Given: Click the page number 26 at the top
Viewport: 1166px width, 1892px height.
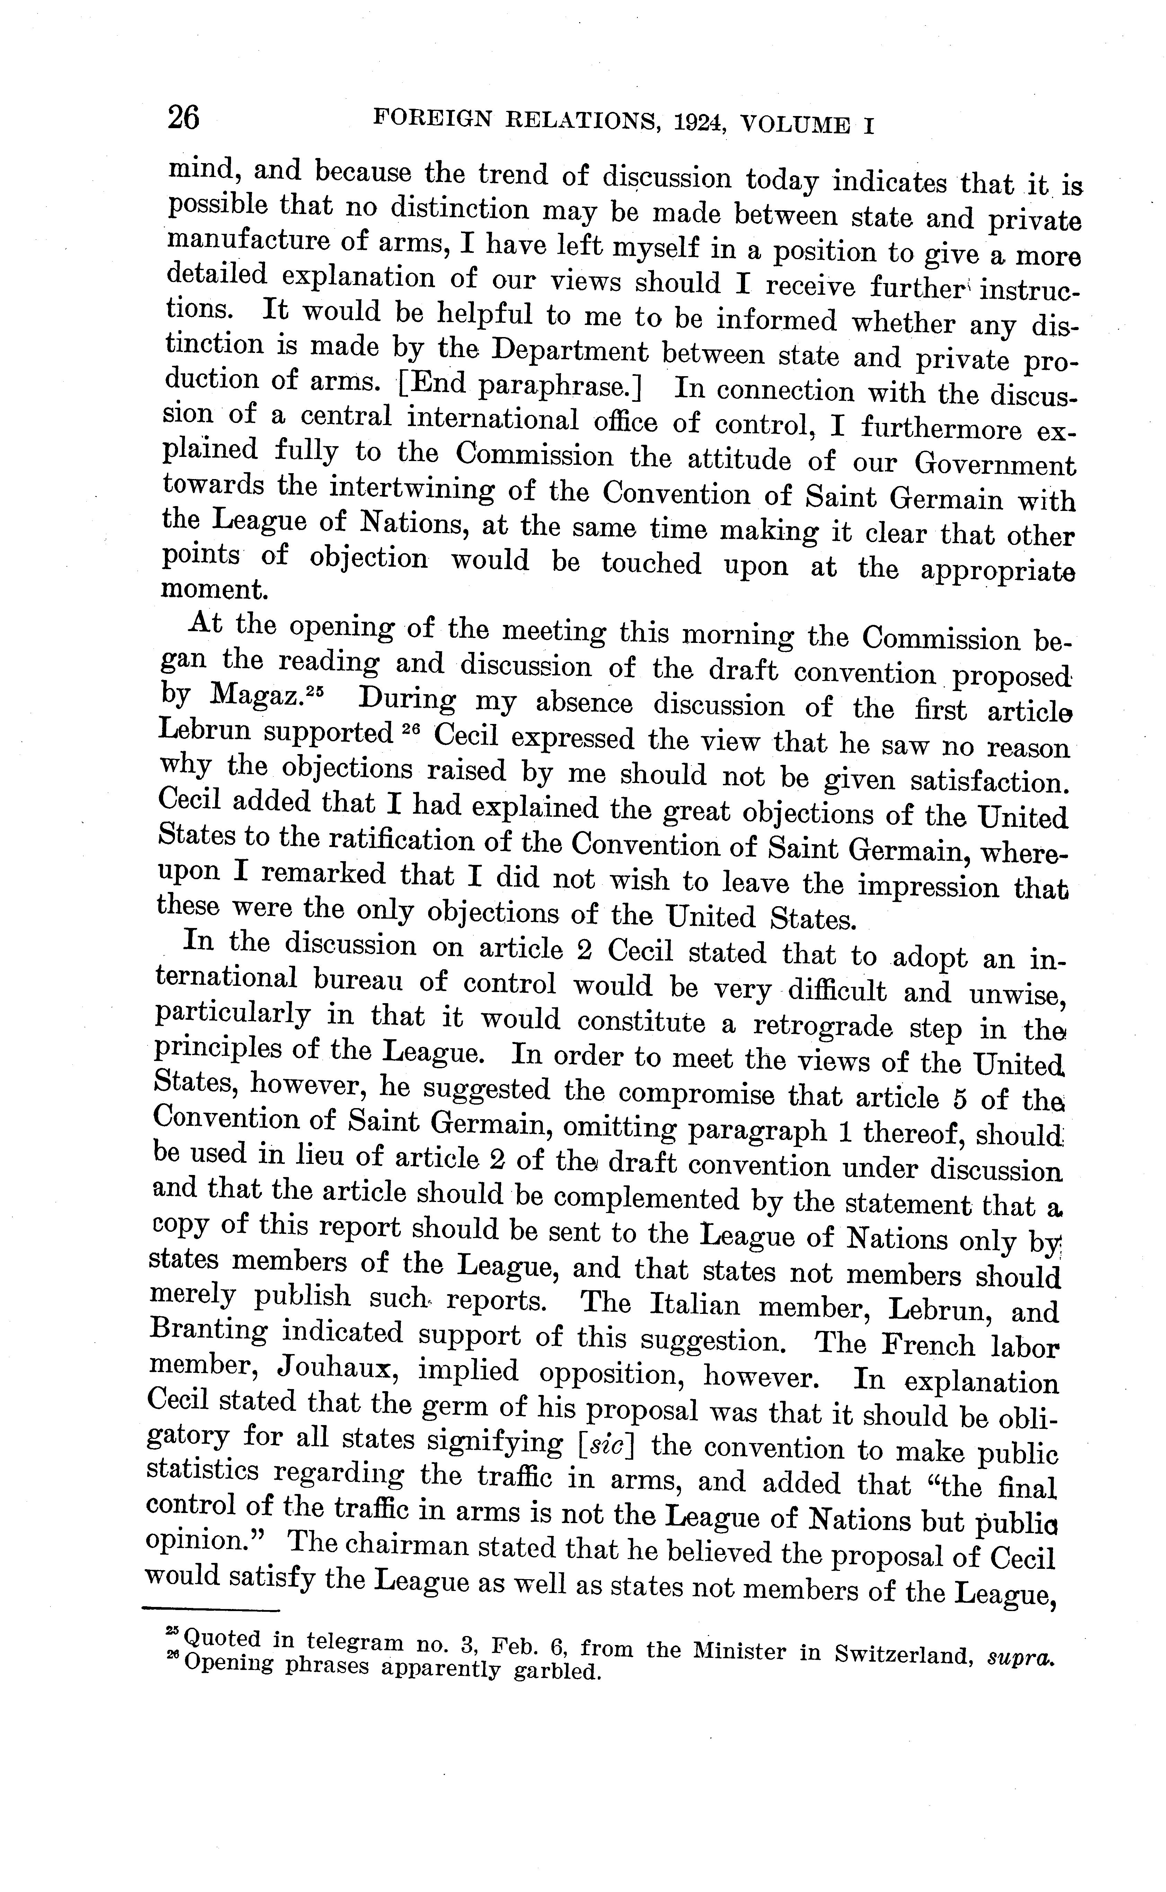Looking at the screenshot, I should [x=184, y=118].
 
